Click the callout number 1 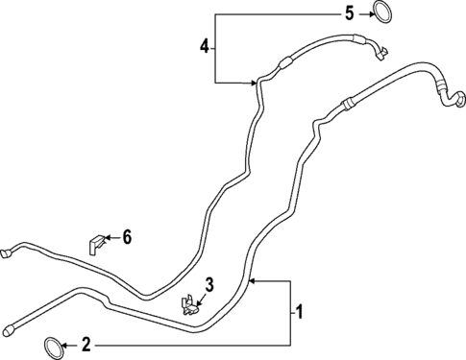click(x=300, y=311)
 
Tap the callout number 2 click(x=86, y=344)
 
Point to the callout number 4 click(x=204, y=45)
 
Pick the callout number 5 click(x=349, y=12)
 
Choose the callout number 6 click(x=126, y=236)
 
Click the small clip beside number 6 click(x=96, y=243)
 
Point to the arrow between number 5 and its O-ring click(x=364, y=12)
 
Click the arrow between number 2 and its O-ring click(x=69, y=344)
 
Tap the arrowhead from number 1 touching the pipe click(x=252, y=280)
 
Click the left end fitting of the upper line click(x=6, y=252)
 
